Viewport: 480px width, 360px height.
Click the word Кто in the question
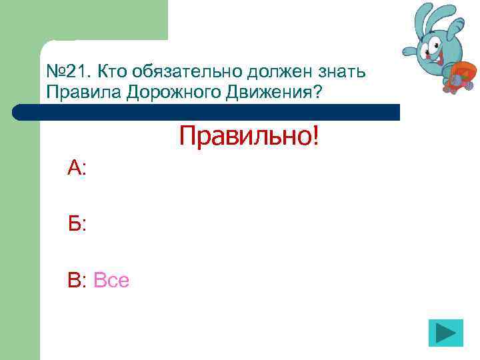108,71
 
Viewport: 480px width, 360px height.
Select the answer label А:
77,168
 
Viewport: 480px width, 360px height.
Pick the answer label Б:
77,224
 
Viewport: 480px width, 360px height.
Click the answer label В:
77,281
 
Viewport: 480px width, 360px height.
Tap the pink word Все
111,281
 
